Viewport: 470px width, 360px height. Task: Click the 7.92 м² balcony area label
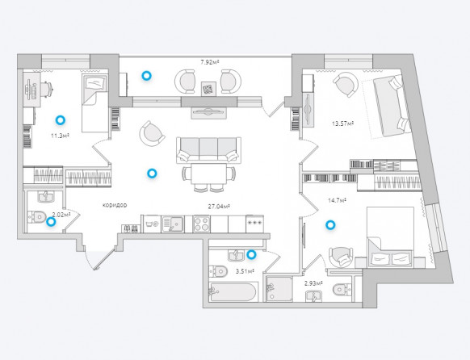click(209, 62)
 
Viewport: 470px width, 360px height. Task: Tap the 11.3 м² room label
click(61, 136)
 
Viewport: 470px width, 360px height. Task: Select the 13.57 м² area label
click(343, 123)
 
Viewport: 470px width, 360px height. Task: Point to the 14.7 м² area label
click(338, 200)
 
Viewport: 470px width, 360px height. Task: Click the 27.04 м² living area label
click(219, 207)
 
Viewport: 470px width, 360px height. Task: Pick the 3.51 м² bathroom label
click(245, 272)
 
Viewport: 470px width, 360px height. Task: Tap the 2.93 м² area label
click(313, 283)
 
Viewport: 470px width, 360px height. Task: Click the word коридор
click(115, 205)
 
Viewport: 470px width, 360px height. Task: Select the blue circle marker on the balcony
click(147, 76)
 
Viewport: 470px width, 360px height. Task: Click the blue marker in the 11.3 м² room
click(61, 120)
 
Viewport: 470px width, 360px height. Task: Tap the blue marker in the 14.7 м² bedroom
click(330, 225)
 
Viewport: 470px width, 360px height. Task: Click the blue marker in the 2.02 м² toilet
click(51, 222)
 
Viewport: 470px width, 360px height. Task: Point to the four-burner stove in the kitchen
click(201, 224)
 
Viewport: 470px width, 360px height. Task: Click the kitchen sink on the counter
click(173, 224)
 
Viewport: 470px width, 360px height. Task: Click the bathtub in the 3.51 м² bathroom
click(233, 291)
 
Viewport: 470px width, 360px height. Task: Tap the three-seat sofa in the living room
click(208, 150)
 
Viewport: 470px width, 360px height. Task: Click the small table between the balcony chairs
click(208, 89)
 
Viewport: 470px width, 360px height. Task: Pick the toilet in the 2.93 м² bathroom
click(342, 289)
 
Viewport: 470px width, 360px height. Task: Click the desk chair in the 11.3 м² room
click(47, 89)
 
